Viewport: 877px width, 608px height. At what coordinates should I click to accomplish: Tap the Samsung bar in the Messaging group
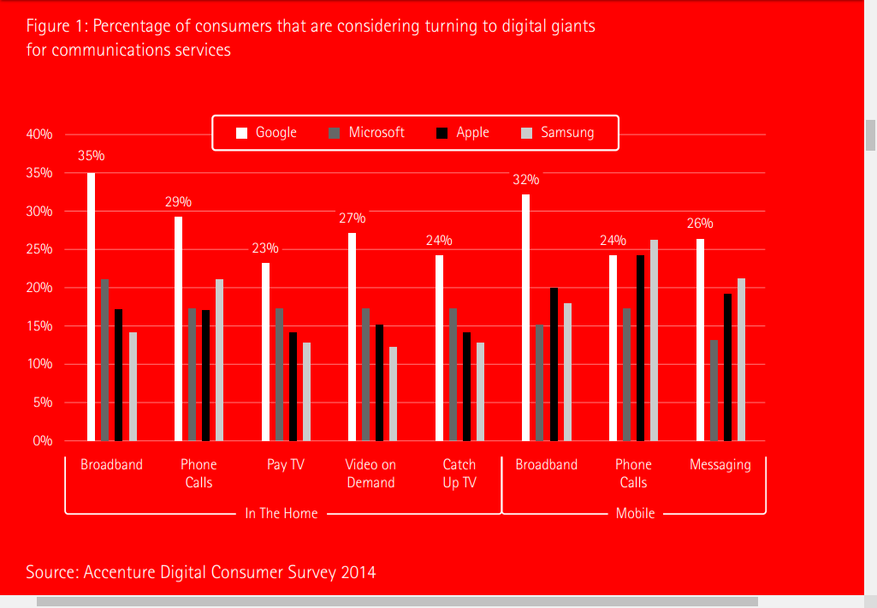coord(741,360)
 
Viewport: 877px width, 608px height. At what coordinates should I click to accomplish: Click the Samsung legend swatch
coord(527,133)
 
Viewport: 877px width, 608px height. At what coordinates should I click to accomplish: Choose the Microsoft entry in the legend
coord(376,133)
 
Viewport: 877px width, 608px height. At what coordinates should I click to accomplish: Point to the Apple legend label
coord(472,133)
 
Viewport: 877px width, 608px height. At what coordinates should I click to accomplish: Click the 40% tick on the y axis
coord(39,134)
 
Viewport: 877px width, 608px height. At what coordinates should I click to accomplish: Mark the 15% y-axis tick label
coord(39,326)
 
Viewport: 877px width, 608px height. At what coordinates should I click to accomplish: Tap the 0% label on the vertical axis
coord(43,441)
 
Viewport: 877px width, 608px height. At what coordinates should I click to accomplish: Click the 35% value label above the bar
coord(91,156)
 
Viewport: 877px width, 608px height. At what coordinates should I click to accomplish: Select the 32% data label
coord(525,180)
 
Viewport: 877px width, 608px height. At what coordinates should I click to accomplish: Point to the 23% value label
coord(264,248)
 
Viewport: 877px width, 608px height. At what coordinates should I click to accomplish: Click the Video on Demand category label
coord(370,474)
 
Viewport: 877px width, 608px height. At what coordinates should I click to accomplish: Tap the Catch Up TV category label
coord(459,474)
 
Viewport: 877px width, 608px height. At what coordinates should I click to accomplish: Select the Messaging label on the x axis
coord(720,465)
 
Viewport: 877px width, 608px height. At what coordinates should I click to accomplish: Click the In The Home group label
coord(281,514)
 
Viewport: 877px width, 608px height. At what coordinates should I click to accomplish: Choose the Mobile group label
coord(635,514)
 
